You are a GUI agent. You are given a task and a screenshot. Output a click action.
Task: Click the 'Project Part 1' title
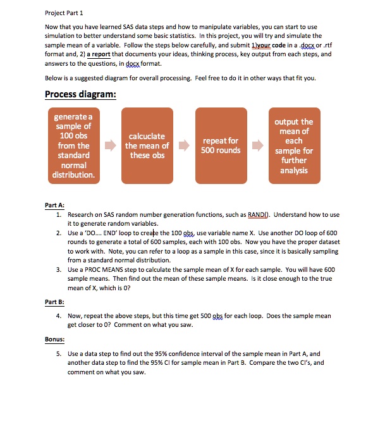(x=65, y=12)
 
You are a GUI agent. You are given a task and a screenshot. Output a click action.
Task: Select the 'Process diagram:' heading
(x=80, y=95)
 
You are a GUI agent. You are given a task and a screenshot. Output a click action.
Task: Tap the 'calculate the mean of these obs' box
(x=147, y=145)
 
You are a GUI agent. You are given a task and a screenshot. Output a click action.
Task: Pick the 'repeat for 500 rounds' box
(x=221, y=145)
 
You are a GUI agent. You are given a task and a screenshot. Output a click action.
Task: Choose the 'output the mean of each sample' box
(x=293, y=145)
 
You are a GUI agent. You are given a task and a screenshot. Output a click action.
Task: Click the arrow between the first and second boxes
(x=110, y=145)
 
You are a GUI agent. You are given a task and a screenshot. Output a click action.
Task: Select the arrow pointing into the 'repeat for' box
(x=185, y=145)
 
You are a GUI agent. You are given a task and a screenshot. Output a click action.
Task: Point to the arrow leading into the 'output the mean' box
(x=258, y=145)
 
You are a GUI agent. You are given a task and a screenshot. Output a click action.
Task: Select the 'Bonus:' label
(x=54, y=339)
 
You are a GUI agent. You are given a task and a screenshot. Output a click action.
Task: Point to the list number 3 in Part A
(x=58, y=269)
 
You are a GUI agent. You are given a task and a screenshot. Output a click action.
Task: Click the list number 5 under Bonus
(x=58, y=354)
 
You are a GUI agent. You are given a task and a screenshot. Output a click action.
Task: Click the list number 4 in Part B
(x=58, y=316)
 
